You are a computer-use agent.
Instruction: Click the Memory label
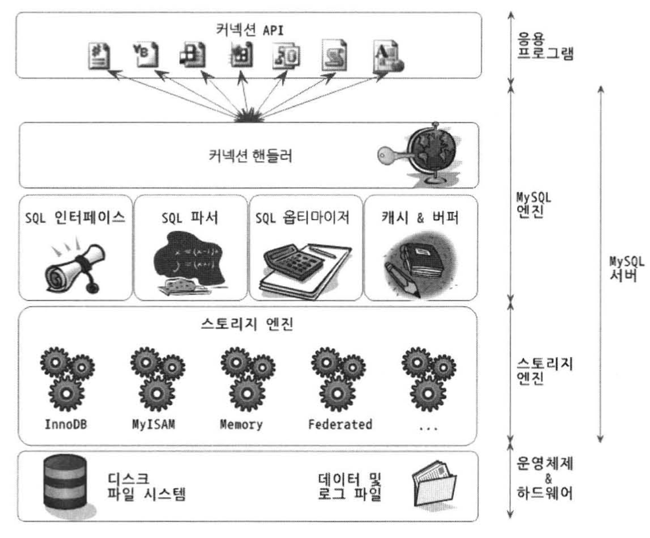[x=241, y=424]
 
